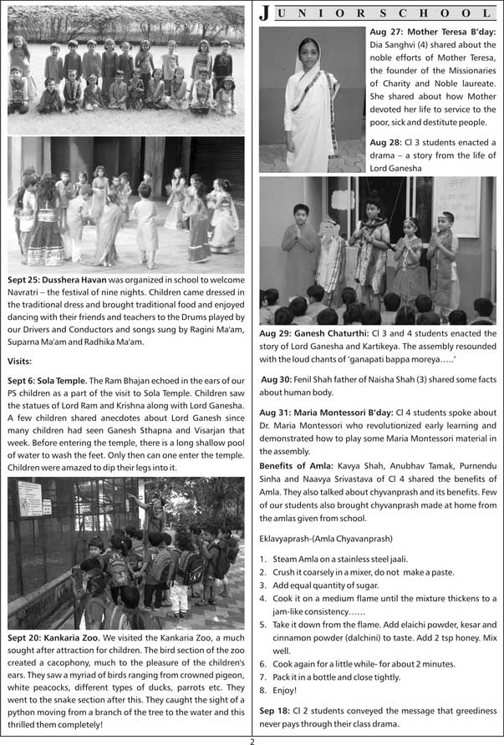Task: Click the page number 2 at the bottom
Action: tap(252, 739)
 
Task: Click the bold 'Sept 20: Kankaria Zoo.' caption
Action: tap(54, 637)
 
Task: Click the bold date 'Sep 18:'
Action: tap(277, 710)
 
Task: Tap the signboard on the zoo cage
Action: tap(30, 499)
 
